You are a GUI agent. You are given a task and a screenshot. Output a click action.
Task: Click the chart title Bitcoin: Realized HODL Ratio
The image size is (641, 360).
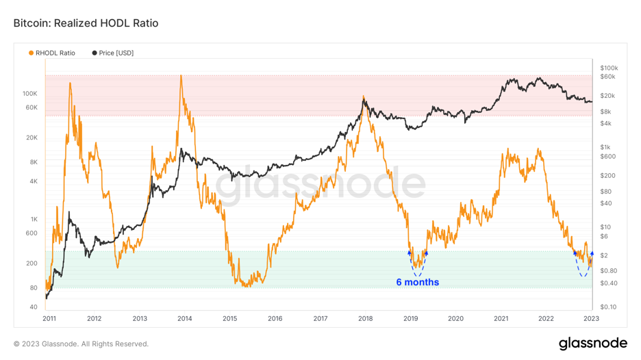(x=86, y=23)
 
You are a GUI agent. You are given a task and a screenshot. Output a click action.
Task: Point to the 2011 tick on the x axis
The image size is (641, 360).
(x=49, y=318)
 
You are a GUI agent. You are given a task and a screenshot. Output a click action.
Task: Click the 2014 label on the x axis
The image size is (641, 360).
(x=185, y=318)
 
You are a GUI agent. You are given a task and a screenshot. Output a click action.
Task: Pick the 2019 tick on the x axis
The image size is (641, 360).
(x=411, y=318)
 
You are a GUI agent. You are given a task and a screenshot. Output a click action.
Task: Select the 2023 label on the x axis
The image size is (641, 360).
(x=591, y=318)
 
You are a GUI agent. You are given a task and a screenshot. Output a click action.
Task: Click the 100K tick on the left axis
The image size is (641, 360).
(x=30, y=94)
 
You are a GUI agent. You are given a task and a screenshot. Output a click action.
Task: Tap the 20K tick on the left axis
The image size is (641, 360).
(x=32, y=138)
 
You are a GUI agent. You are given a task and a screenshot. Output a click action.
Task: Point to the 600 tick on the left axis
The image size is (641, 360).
(x=32, y=233)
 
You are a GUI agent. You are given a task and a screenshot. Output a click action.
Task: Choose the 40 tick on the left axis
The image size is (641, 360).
(x=34, y=307)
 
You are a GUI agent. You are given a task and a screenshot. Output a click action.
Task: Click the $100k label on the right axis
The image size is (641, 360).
(x=609, y=68)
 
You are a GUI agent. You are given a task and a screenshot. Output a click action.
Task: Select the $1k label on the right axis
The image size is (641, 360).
(x=605, y=147)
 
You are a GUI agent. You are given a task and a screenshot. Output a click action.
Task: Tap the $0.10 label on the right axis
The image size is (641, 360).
(x=608, y=307)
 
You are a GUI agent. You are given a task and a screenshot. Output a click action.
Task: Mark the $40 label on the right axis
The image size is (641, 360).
(x=605, y=203)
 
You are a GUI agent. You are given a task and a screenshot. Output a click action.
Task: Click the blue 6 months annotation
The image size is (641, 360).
(x=417, y=282)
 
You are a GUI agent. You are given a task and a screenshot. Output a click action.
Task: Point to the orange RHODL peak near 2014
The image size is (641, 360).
(x=181, y=76)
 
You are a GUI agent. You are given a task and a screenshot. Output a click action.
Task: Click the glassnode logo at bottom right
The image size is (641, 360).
(x=592, y=343)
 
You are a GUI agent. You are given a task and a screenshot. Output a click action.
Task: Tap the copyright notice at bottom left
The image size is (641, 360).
(x=81, y=344)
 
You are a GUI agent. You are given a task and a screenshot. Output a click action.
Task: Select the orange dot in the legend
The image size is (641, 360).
(x=31, y=53)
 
